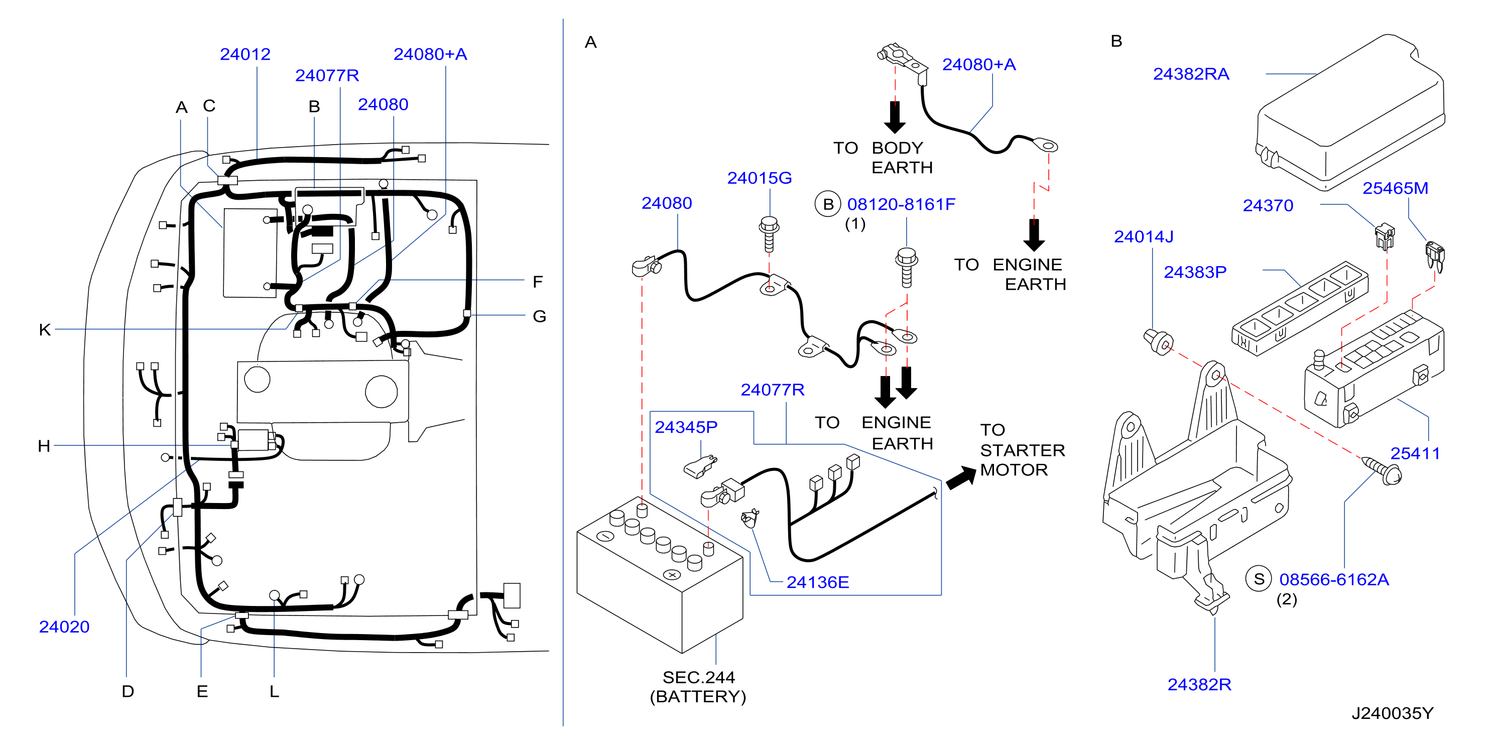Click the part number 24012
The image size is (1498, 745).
coord(245,54)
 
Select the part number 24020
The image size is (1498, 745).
coord(64,627)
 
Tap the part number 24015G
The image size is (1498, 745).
coord(760,177)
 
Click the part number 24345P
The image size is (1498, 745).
coord(686,427)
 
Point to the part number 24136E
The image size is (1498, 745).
coord(818,582)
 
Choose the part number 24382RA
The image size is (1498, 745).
coord(1191,74)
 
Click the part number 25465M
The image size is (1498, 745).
coord(1395,188)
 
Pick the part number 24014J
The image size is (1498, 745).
coord(1143,236)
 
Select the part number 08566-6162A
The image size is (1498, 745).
coord(1334,579)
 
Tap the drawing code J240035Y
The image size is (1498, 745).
coord(1392,713)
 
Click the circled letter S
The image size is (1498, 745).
coord(1259,579)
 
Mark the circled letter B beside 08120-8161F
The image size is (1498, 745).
coord(828,204)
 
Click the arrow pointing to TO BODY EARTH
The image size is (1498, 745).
coord(895,117)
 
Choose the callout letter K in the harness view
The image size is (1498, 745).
coord(45,330)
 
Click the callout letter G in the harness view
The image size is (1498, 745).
coord(539,316)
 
